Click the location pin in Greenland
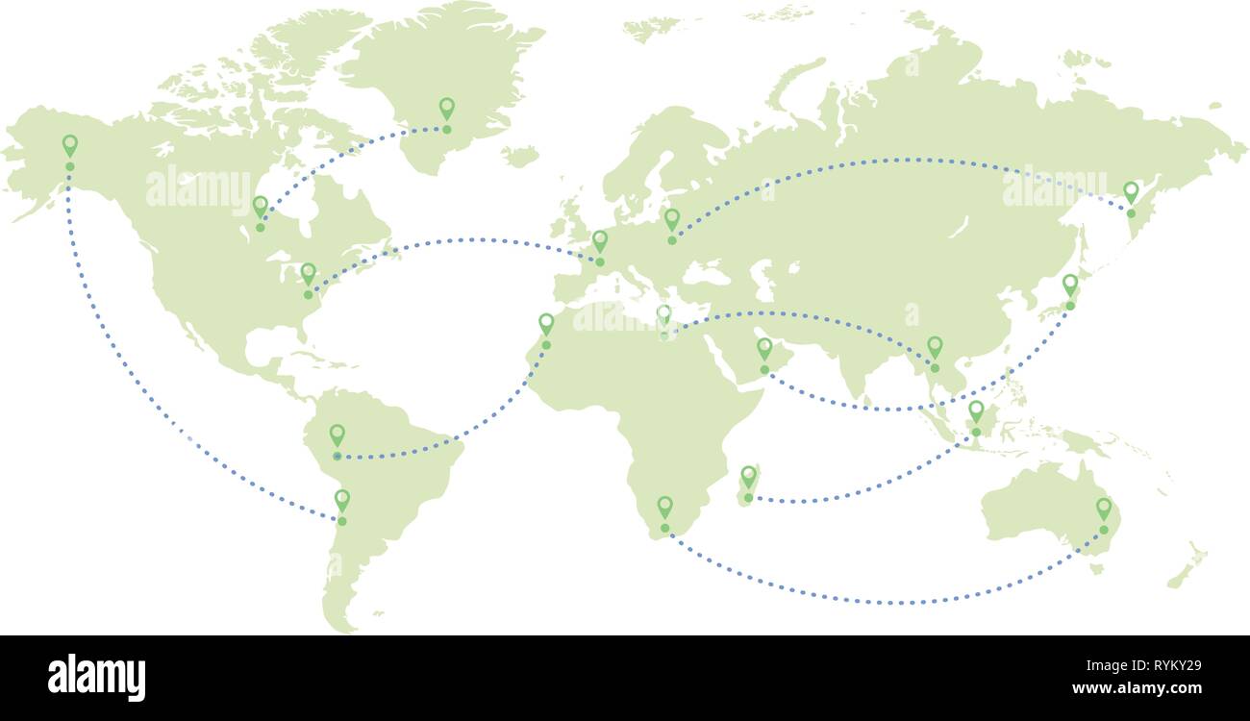[446, 109]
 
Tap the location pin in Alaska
[69, 146]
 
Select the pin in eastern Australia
[1104, 508]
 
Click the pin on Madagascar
[748, 476]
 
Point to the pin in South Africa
[664, 507]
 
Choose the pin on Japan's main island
[1070, 286]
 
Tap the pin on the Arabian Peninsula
[764, 348]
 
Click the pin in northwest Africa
[546, 323]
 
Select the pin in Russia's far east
[1131, 192]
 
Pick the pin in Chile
[341, 500]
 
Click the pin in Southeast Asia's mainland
[935, 346]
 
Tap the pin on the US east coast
[308, 274]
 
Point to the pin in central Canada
[260, 207]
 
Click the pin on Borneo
[976, 411]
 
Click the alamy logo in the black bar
[97, 678]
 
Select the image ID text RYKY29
[1162, 664]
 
